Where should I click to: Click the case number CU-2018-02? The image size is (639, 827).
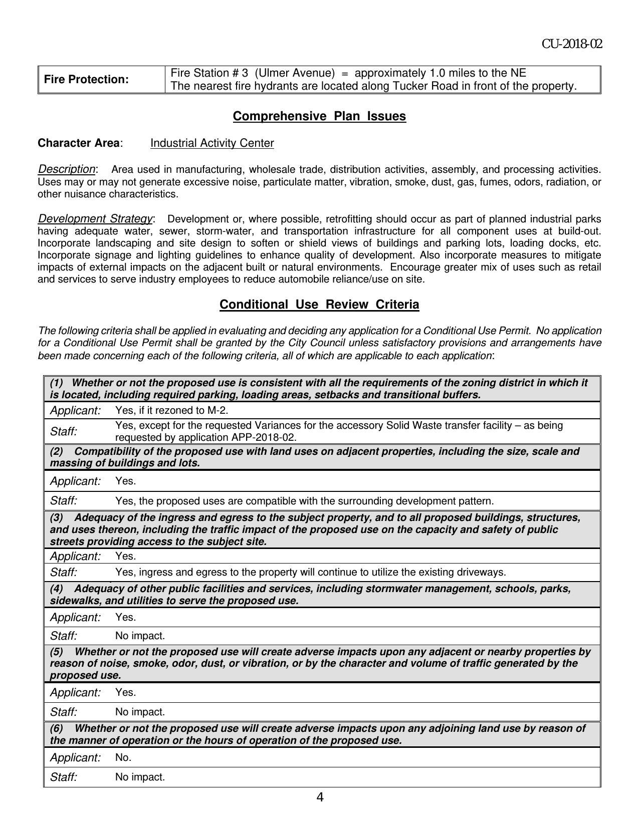(571, 44)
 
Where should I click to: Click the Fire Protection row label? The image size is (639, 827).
(86, 80)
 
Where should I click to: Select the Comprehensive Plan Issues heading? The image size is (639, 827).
(319, 116)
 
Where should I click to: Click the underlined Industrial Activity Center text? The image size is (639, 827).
(212, 143)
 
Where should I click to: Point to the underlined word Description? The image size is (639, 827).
(66, 169)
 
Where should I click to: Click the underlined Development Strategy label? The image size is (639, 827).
(95, 219)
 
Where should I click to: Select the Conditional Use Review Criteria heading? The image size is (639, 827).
(319, 305)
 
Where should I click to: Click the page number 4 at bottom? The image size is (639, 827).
(320, 797)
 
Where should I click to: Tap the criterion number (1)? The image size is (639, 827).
(56, 383)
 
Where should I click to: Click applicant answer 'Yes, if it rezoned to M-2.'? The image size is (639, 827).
(171, 411)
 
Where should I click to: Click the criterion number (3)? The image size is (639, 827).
(56, 518)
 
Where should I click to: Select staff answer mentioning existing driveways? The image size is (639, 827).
(310, 572)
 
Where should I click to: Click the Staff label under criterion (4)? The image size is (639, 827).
(64, 636)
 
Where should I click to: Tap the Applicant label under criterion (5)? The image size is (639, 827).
(75, 693)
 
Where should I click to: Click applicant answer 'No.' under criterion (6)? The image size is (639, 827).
(123, 758)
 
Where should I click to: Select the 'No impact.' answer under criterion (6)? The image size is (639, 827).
(140, 777)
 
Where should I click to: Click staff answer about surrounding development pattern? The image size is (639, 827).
(304, 501)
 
